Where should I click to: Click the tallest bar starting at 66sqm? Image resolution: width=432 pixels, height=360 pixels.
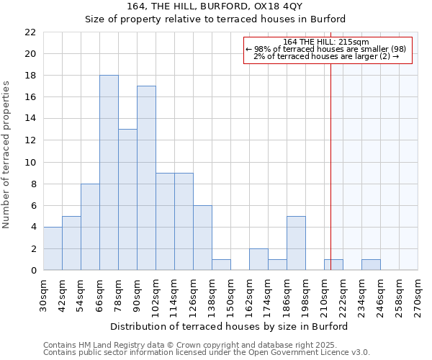109,173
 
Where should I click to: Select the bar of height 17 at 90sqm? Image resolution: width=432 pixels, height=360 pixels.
146,178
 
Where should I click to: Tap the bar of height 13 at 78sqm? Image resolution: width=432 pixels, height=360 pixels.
127,199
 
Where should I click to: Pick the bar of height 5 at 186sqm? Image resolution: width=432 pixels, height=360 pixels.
296,243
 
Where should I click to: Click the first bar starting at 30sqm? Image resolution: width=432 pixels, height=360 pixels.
53,248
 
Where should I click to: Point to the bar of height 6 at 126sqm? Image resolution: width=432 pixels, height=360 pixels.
202,238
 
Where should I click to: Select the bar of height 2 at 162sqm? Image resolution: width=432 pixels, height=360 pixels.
258,259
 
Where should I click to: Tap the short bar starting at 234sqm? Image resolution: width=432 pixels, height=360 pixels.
371,265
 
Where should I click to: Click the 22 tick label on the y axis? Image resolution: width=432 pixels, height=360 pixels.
30,32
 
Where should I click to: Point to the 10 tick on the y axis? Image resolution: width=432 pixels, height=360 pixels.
30,162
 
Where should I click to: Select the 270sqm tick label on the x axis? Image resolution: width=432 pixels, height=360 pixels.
418,294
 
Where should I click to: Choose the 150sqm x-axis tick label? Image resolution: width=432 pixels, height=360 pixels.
231,294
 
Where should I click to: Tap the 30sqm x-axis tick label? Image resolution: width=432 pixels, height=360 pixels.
44,294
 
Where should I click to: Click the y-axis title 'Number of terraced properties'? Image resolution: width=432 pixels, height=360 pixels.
6,155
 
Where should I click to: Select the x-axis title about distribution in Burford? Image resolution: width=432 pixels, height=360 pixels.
230,326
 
